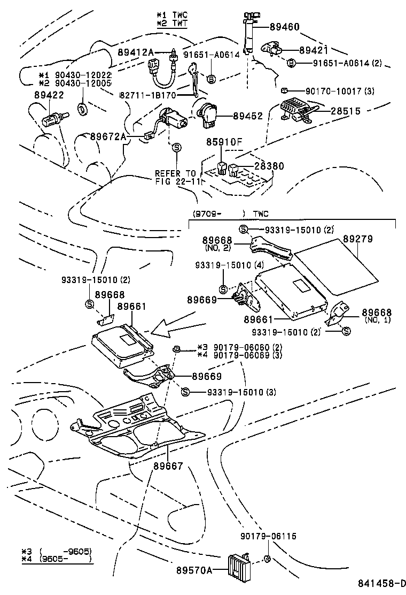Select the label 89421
(315, 50)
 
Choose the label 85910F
(225, 143)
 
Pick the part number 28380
(269, 166)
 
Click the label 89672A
(108, 137)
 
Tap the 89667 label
(168, 466)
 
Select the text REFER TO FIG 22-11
(176, 177)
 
